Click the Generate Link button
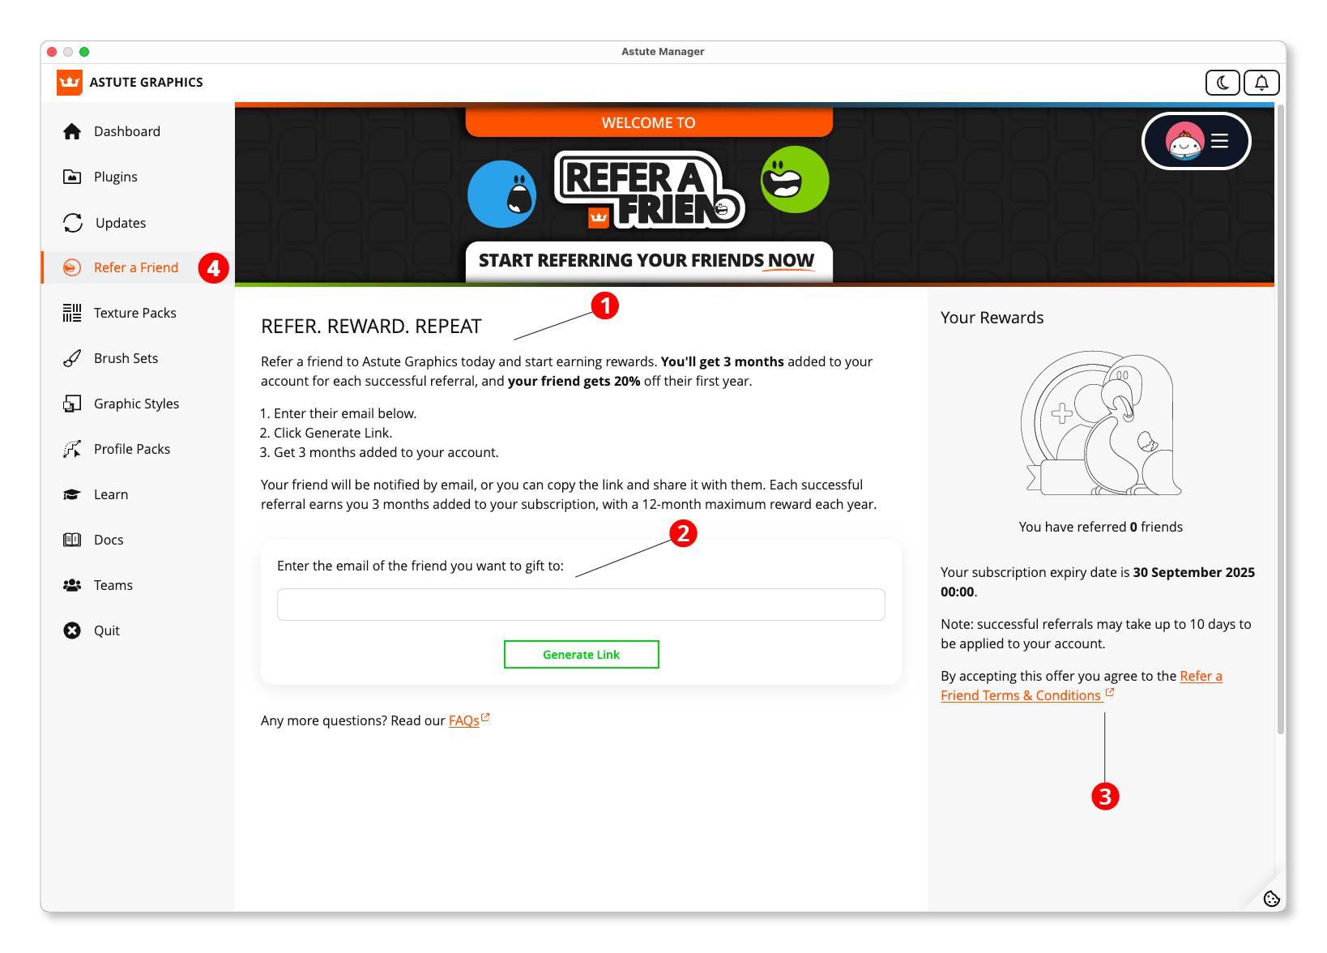(x=581, y=655)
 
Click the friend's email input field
(x=581, y=605)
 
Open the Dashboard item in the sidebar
(x=126, y=131)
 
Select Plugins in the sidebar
(x=115, y=177)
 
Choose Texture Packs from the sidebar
(x=134, y=313)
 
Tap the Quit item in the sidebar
(x=106, y=630)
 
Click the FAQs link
(x=464, y=721)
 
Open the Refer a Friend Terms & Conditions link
(x=1021, y=695)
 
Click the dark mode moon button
(x=1222, y=83)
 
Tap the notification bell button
(x=1261, y=83)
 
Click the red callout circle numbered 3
(x=1105, y=797)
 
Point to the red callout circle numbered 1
(x=605, y=306)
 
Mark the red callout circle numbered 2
(x=683, y=533)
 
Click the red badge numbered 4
(x=214, y=268)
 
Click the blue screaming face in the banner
(x=502, y=194)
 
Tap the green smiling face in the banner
(x=795, y=180)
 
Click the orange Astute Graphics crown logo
(x=70, y=83)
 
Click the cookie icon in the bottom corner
(x=1271, y=898)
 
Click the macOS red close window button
(x=52, y=52)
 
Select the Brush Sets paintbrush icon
(x=72, y=358)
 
